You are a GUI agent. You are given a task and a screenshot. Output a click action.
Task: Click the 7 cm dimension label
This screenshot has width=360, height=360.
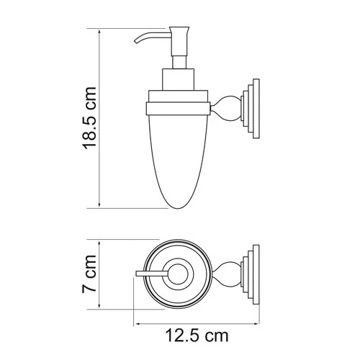[89, 275]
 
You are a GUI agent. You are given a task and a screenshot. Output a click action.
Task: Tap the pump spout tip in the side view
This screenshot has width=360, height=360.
[134, 48]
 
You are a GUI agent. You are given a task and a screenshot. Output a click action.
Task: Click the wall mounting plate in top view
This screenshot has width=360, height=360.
[251, 274]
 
